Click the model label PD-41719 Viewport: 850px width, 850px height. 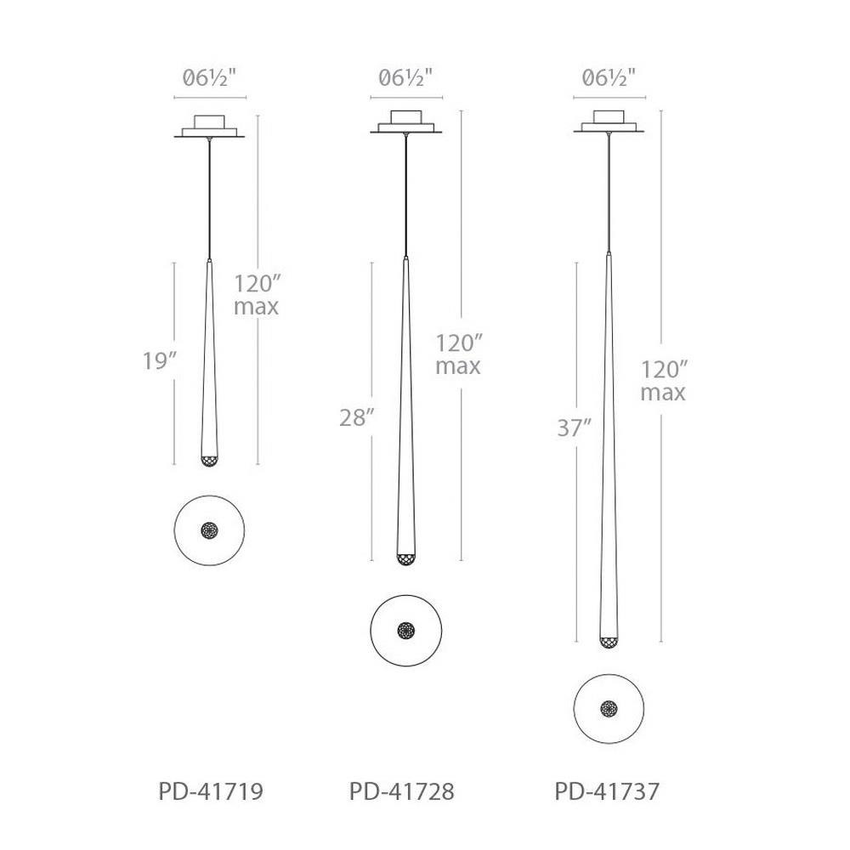tap(211, 791)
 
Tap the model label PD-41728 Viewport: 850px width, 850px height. tap(402, 791)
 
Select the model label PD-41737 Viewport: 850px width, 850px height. tap(607, 791)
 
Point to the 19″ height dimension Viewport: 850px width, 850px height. tap(160, 360)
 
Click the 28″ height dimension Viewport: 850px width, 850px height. tap(357, 417)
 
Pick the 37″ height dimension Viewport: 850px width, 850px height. tap(574, 428)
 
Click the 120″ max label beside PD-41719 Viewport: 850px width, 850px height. tap(257, 296)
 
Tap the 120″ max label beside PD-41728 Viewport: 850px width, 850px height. tap(459, 355)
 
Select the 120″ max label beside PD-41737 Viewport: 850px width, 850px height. tap(664, 381)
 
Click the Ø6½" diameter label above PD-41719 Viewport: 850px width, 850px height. tap(210, 78)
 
